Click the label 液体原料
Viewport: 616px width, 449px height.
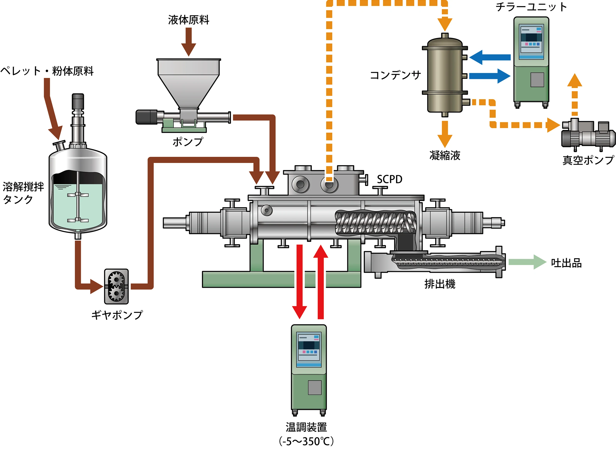coord(188,20)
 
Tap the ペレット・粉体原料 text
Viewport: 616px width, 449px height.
coord(47,71)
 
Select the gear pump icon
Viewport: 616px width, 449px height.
coord(116,287)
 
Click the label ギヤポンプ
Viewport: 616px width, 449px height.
coord(117,315)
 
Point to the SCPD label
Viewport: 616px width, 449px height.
coord(389,179)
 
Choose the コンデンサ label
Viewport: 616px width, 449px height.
coord(395,75)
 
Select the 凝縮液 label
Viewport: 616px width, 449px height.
coord(445,156)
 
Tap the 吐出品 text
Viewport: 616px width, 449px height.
coord(566,263)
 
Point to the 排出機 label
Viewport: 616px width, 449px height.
coord(440,284)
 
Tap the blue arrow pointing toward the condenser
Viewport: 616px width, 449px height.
coord(490,57)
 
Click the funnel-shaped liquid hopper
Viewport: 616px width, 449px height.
coord(188,81)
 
